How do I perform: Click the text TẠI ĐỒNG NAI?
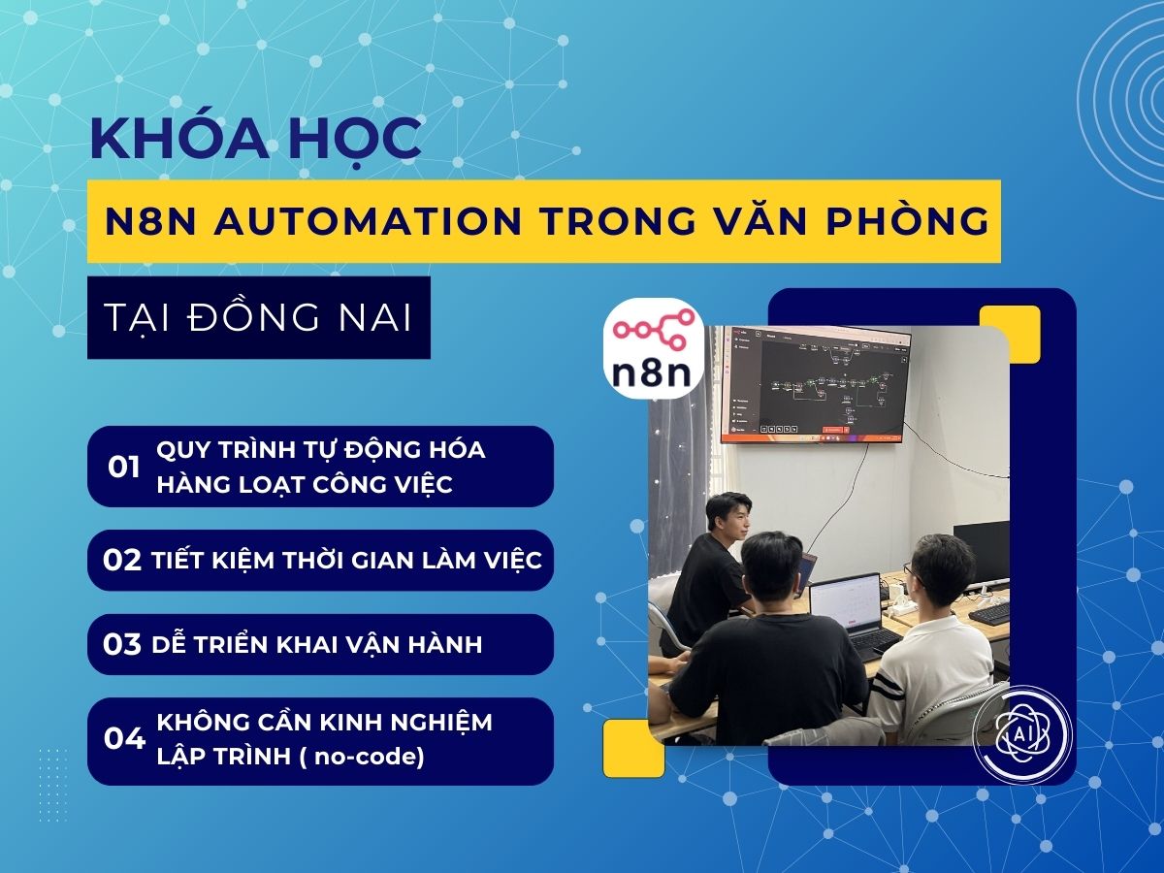click(x=258, y=317)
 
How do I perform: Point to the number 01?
click(x=124, y=467)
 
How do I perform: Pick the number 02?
click(x=122, y=561)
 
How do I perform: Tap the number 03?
click(x=122, y=645)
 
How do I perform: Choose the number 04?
click(x=124, y=739)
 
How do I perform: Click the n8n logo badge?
click(x=654, y=350)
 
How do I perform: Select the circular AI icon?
click(x=1020, y=733)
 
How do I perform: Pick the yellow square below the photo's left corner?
click(x=633, y=748)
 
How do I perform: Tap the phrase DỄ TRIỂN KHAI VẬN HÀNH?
click(x=317, y=645)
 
